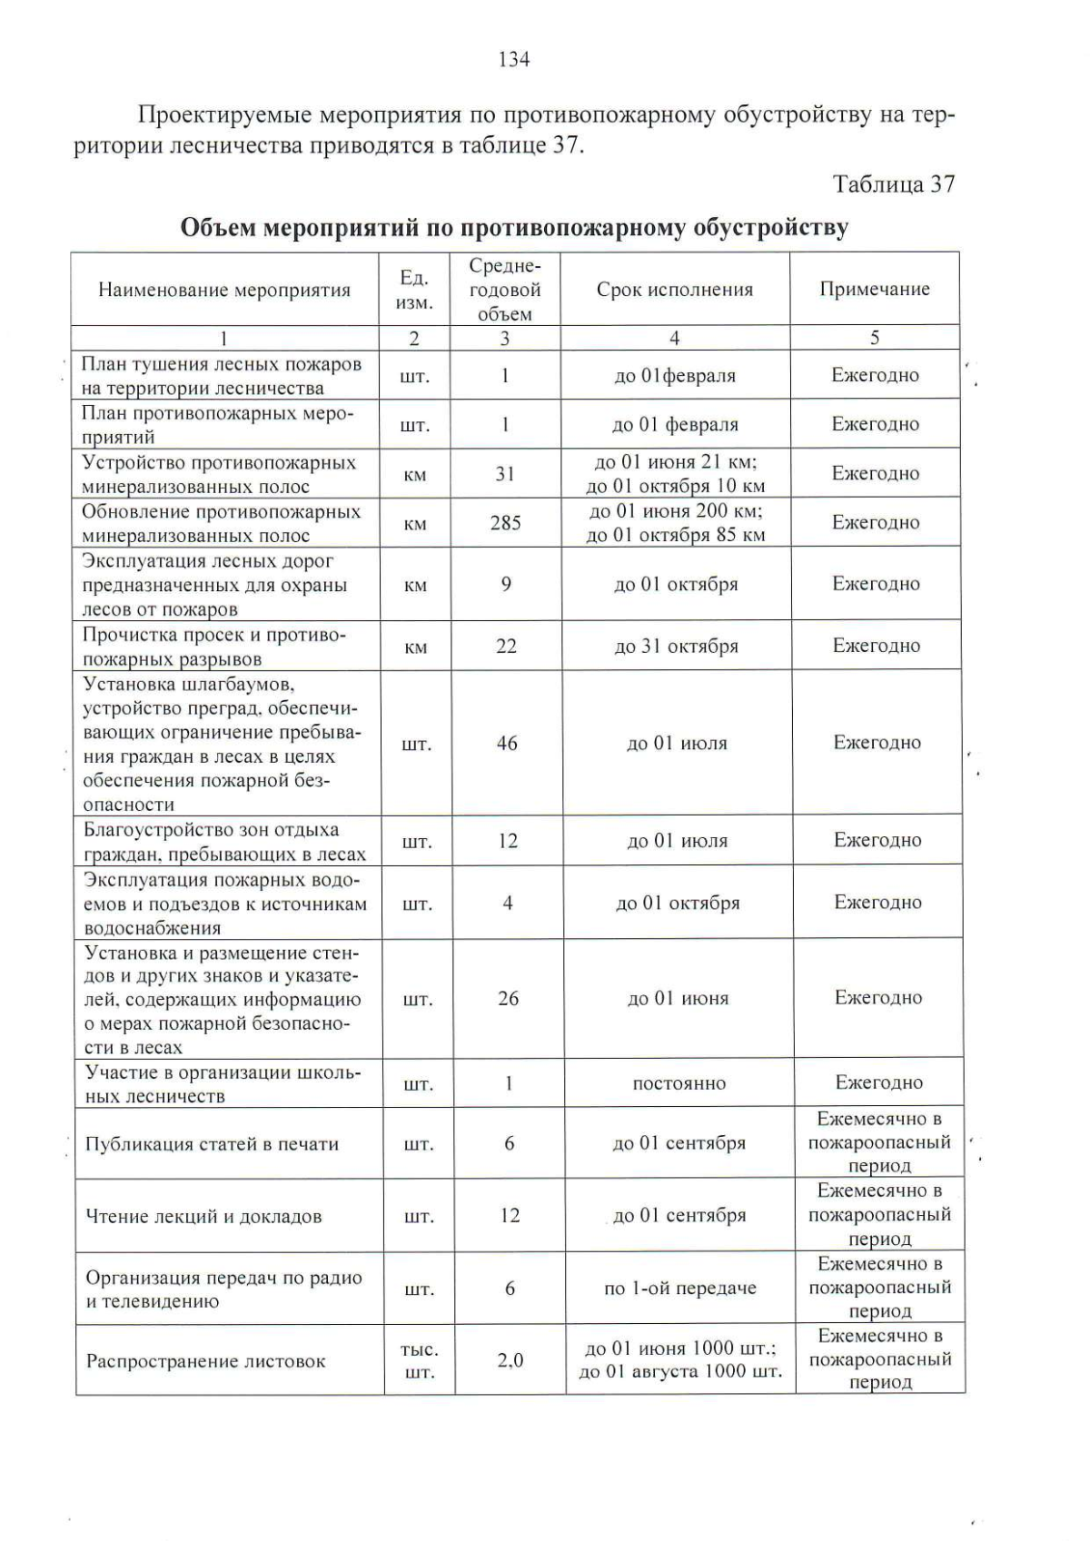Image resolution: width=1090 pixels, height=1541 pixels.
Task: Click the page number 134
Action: click(513, 60)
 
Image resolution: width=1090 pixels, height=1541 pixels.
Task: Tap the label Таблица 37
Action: click(894, 184)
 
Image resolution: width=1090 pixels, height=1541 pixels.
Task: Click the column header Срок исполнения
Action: click(674, 290)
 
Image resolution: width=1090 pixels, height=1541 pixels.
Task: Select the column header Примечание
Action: click(874, 290)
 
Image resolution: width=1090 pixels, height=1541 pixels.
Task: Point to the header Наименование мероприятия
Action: click(224, 291)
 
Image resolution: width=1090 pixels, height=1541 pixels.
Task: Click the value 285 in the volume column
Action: click(505, 523)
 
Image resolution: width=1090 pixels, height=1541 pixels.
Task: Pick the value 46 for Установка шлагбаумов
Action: click(507, 744)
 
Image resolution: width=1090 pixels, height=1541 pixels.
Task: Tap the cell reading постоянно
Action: click(679, 1083)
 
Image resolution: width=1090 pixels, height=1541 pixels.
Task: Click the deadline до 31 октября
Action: click(676, 647)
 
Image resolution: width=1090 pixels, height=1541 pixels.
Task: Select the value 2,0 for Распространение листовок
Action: click(510, 1360)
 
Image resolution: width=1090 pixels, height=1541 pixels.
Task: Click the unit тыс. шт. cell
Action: click(419, 1361)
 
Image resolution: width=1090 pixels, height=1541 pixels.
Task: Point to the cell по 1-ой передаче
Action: click(679, 1289)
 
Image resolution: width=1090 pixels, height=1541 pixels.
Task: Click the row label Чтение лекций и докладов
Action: click(203, 1217)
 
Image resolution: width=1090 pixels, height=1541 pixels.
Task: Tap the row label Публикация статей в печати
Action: click(212, 1144)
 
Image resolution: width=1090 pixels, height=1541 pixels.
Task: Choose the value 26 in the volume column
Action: click(508, 999)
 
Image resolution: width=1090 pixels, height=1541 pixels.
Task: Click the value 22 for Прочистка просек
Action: click(506, 647)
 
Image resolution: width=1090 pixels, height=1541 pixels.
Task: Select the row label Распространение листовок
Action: click(205, 1361)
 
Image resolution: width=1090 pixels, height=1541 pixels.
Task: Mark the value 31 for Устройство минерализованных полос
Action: click(505, 474)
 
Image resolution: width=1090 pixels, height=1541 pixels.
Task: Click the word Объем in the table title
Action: click(218, 227)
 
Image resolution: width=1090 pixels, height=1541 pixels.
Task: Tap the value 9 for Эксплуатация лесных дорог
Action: click(506, 584)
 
